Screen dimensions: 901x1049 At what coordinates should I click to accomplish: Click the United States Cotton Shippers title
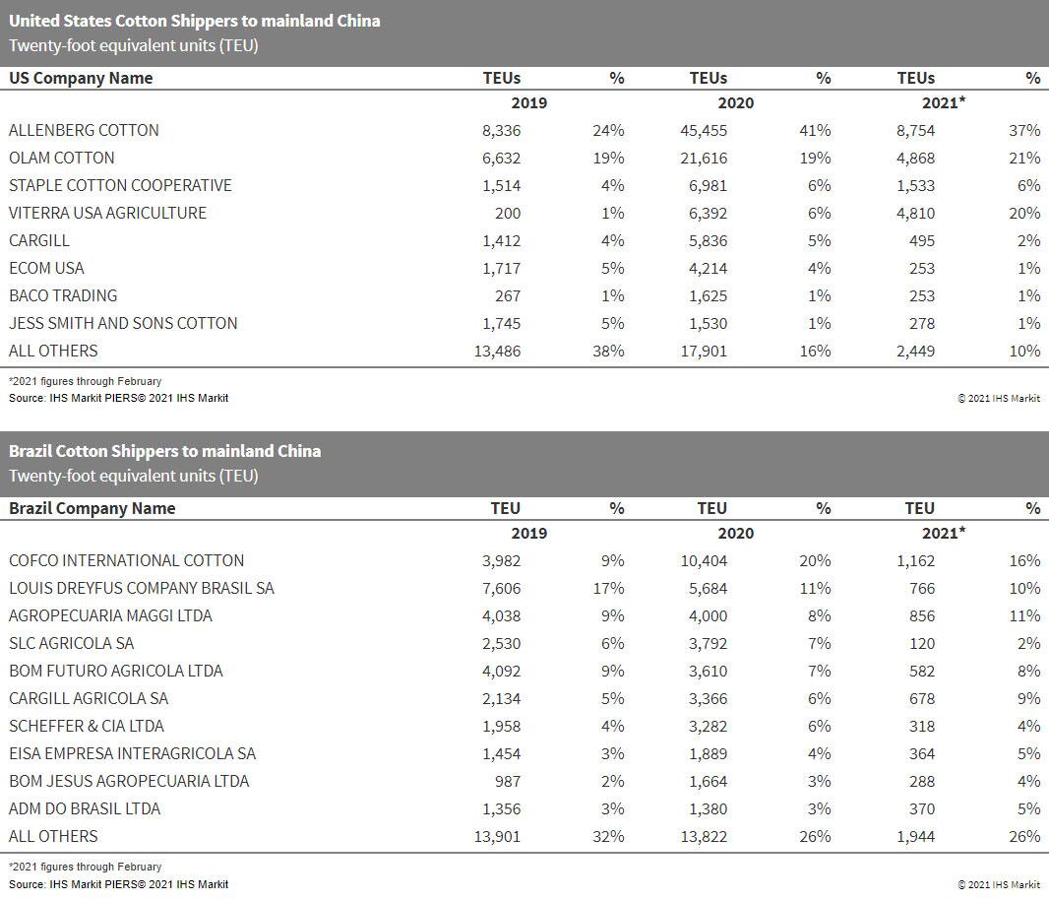pos(195,21)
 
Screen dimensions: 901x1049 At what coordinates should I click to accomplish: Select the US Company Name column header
pos(81,78)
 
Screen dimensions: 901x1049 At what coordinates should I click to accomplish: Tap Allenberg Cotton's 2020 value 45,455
pos(704,130)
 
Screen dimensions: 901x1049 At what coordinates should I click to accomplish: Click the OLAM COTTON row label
pos(61,158)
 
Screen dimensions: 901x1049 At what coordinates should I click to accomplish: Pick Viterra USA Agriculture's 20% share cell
pos(1023,213)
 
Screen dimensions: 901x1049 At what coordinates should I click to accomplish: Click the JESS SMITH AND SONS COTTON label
pos(123,323)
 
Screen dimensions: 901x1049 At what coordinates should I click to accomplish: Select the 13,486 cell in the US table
pos(497,351)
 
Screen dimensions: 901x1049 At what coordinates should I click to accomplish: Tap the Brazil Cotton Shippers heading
pos(164,451)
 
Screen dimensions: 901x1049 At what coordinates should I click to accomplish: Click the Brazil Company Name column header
pos(92,508)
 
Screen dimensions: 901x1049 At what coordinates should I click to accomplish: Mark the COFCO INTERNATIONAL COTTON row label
pos(126,560)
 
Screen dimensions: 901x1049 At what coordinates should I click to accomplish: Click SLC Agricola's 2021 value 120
pos(921,643)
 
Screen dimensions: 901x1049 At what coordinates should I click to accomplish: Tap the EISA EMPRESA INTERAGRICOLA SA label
pos(132,753)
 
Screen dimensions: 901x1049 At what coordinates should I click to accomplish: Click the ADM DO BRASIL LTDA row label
pos(85,808)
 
